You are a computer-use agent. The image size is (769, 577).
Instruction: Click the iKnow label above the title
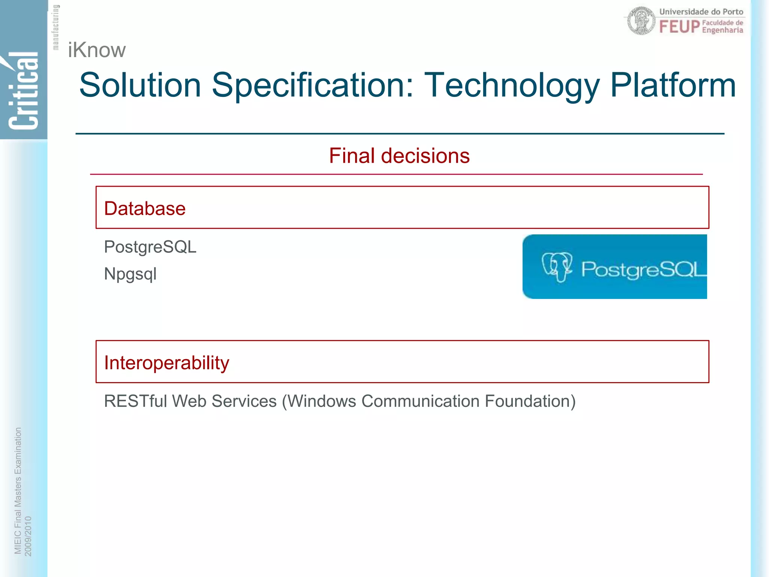(x=97, y=50)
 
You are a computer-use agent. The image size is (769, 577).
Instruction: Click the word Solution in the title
(x=140, y=85)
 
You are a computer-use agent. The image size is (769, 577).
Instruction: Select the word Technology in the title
(x=512, y=85)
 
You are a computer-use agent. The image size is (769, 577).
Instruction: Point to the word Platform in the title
(x=672, y=85)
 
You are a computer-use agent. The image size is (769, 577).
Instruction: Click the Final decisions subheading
(x=399, y=156)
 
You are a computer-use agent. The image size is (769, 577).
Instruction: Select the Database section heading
(x=145, y=208)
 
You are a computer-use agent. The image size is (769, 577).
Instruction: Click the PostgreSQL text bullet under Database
(x=150, y=247)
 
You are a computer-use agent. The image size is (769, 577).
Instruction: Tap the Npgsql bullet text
(x=130, y=274)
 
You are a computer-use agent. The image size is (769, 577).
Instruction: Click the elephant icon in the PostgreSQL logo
(x=557, y=266)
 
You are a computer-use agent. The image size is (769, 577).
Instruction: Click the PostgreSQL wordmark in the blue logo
(x=643, y=269)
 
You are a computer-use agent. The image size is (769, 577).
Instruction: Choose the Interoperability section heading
(x=167, y=363)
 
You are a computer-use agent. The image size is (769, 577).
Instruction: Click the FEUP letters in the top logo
(x=679, y=27)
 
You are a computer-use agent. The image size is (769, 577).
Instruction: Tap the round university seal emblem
(x=641, y=21)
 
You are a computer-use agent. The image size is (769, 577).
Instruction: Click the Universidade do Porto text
(x=701, y=12)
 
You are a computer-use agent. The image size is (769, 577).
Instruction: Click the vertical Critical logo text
(x=24, y=90)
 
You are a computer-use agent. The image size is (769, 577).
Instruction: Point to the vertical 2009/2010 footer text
(x=28, y=536)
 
